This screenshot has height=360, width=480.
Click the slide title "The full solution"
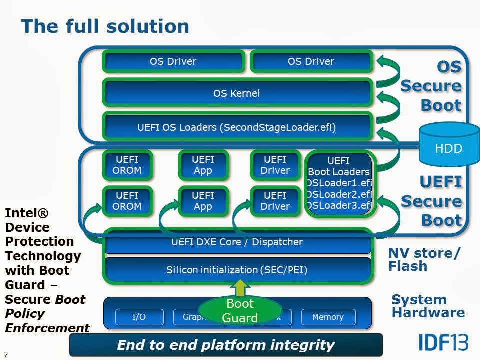click(105, 26)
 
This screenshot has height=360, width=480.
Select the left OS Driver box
click(173, 61)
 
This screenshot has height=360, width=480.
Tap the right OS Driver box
click(311, 61)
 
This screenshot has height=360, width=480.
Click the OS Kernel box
click(236, 93)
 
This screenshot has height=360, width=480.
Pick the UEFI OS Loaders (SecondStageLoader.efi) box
click(236, 127)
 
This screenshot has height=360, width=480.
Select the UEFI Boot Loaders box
click(339, 183)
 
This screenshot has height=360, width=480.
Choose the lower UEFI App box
click(203, 201)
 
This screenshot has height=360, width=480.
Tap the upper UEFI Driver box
click(275, 165)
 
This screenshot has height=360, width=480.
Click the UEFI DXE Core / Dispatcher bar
click(236, 242)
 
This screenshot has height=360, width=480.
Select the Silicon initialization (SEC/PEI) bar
click(236, 270)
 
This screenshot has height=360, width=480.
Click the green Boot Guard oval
click(240, 310)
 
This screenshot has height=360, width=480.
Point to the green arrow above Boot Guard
click(240, 288)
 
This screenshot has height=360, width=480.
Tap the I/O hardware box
click(139, 317)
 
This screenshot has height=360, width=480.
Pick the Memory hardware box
click(328, 317)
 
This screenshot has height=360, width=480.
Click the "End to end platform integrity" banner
click(225, 345)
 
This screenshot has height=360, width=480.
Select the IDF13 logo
click(443, 342)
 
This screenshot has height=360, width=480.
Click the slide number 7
click(6, 354)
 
